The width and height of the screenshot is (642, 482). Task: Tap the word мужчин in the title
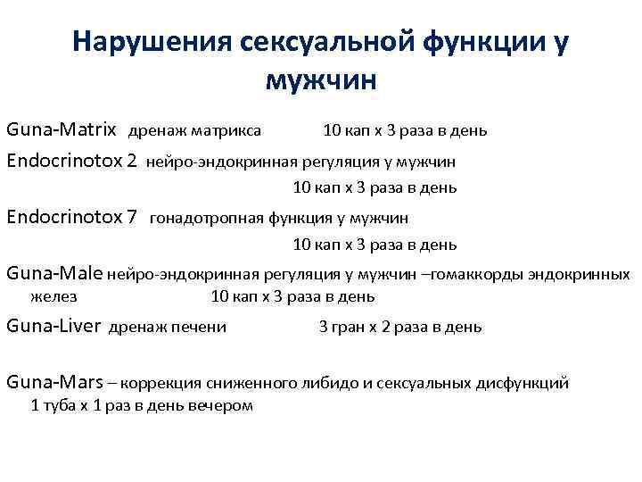(x=322, y=80)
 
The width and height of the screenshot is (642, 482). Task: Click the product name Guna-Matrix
(x=62, y=130)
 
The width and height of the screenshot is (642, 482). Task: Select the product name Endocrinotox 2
(x=72, y=162)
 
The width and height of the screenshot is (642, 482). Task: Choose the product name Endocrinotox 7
(x=72, y=216)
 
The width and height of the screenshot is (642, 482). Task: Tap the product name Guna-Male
(x=55, y=273)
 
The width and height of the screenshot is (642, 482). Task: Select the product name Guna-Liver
(x=53, y=327)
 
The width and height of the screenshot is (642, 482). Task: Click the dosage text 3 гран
(x=339, y=328)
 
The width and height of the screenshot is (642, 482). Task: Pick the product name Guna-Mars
(x=53, y=383)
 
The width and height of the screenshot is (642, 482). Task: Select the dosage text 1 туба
(x=53, y=405)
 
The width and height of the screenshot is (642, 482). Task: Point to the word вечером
(x=220, y=405)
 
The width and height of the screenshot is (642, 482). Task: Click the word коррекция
(x=159, y=384)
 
